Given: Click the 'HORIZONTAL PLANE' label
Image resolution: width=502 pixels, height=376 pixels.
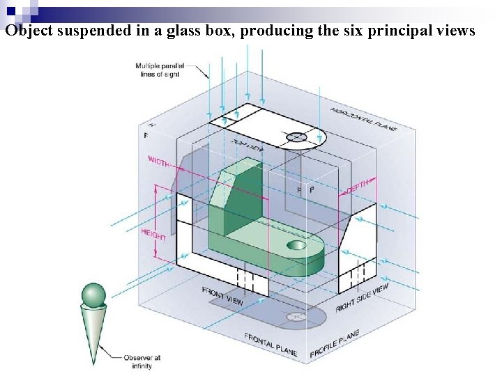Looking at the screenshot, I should pyautogui.click(x=363, y=119).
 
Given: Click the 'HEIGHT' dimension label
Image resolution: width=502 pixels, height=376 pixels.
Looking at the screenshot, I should pyautogui.click(x=153, y=235).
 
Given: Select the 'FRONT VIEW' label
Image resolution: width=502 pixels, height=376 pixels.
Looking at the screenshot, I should pyautogui.click(x=222, y=297).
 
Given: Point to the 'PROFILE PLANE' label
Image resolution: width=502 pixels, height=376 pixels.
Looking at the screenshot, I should pyautogui.click(x=335, y=344).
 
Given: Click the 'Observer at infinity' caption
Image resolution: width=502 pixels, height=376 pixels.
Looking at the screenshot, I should pyautogui.click(x=142, y=361).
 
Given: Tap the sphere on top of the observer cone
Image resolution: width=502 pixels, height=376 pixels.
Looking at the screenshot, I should pyautogui.click(x=93, y=295).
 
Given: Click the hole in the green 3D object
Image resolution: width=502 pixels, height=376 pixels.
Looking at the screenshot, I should pyautogui.click(x=296, y=245).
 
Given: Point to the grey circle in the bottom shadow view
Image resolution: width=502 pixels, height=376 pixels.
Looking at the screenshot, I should pyautogui.click(x=296, y=317).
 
